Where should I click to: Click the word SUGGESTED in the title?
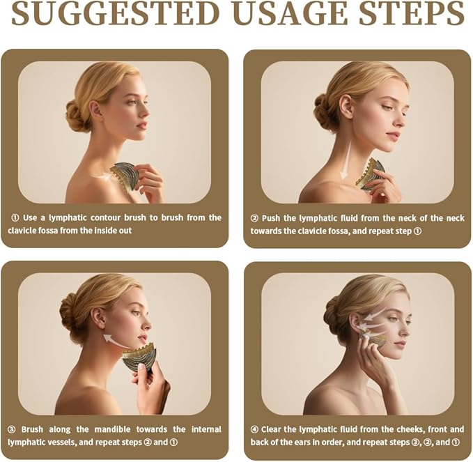[115, 13]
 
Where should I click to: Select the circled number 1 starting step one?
[15, 217]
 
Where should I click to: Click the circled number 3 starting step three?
[11, 429]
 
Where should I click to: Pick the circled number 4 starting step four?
[254, 429]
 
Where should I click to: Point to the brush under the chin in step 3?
[139, 358]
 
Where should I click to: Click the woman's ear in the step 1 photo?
[95, 111]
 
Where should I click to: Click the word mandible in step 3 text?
[112, 429]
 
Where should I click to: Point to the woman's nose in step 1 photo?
[146, 111]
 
